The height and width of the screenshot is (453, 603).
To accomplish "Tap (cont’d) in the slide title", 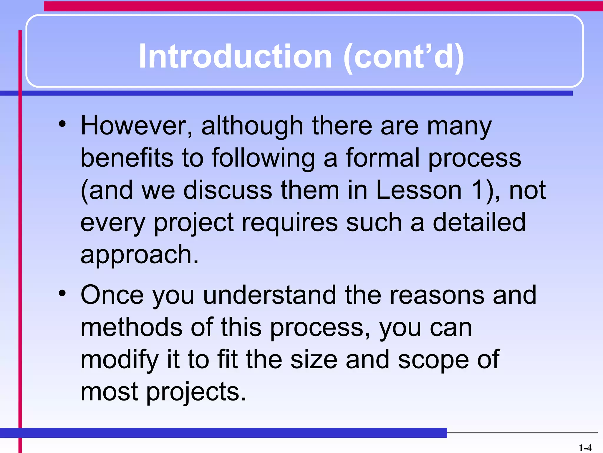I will [404, 57].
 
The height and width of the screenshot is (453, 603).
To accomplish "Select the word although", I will [252, 126].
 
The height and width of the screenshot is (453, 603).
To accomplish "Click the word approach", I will [139, 255].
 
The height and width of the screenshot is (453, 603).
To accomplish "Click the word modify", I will [120, 360].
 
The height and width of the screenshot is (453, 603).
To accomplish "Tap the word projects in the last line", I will [196, 393].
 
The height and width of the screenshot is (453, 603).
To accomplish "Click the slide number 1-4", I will [585, 448].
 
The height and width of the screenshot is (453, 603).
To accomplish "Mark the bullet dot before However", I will [62, 124].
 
